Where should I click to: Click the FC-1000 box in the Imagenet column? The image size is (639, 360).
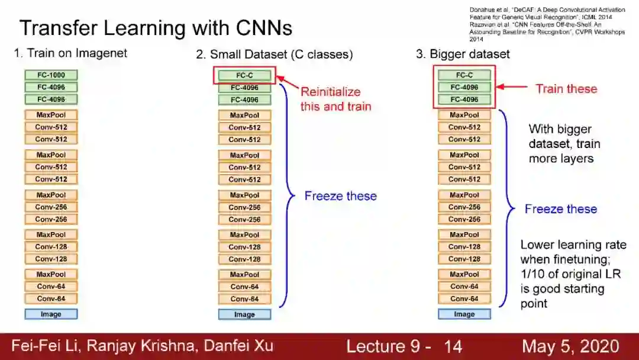point(51,75)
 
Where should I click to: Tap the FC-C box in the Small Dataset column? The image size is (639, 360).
point(244,76)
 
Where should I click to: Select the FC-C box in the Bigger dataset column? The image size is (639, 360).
point(464,75)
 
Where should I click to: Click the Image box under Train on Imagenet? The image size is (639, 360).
point(51,314)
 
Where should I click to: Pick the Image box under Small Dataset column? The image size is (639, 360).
point(244,314)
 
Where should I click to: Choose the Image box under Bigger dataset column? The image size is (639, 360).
point(464,314)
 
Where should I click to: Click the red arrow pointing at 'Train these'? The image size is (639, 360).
point(512,88)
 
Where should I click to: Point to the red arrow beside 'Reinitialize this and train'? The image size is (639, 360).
point(287,82)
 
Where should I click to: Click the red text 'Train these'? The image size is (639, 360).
point(566,89)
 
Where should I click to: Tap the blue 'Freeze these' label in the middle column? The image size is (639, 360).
point(340,196)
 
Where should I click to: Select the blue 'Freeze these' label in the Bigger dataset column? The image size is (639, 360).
point(560,209)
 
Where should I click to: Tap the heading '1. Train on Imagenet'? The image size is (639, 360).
point(70,54)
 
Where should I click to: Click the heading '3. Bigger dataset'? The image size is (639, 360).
point(463,54)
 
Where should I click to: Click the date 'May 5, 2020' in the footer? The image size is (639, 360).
point(570,346)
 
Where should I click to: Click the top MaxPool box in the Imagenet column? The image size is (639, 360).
point(51,115)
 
